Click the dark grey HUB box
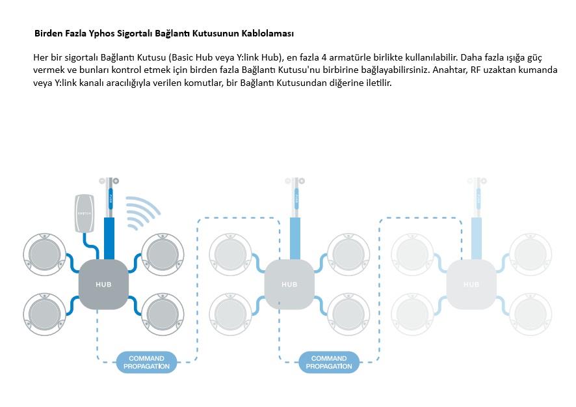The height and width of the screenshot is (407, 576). [x=103, y=283]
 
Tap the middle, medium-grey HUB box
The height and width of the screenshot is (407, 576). [x=289, y=284]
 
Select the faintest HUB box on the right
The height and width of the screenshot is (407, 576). [x=471, y=284]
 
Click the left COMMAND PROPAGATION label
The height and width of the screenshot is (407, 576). [x=146, y=362]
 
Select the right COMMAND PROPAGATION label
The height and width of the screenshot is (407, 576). [x=329, y=362]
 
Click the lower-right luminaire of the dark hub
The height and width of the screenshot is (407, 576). [x=163, y=313]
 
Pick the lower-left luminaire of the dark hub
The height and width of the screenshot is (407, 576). [x=44, y=313]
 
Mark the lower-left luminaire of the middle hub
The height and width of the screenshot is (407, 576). [x=230, y=313]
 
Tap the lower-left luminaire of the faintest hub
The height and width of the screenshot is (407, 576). [x=412, y=313]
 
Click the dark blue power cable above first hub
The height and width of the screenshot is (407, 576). [x=109, y=238]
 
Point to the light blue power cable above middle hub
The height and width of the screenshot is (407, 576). [x=295, y=238]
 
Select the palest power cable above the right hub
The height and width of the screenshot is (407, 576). [x=477, y=238]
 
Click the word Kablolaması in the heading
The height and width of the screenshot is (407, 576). [x=268, y=33]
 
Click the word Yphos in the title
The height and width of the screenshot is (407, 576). [x=94, y=33]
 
